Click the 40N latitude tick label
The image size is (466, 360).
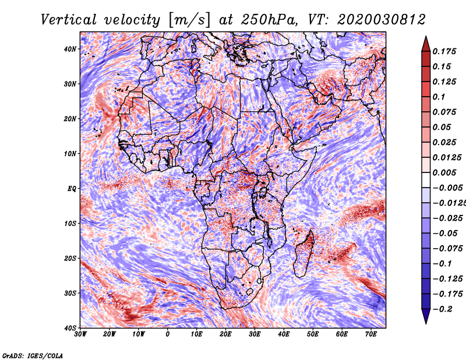point(70,49)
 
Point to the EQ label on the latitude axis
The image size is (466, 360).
point(72,189)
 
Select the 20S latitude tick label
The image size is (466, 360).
point(70,258)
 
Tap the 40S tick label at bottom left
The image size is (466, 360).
point(70,328)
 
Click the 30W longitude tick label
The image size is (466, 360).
point(80,334)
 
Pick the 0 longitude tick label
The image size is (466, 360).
point(168,334)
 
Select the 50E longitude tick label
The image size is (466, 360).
point(313,334)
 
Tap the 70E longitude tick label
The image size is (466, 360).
point(371,334)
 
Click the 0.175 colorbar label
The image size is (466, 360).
point(444,51)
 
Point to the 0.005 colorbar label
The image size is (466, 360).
point(444,172)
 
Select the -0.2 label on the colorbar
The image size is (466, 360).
point(442,309)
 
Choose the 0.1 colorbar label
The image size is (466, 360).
point(439,97)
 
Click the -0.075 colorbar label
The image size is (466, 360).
point(448,249)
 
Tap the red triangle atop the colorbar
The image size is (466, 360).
point(426,44)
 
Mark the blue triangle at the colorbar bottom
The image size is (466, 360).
point(426,316)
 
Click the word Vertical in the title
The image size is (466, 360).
point(69,20)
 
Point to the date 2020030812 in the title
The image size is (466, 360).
point(382,20)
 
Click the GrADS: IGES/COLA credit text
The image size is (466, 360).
point(33,356)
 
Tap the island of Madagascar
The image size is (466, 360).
point(303,254)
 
